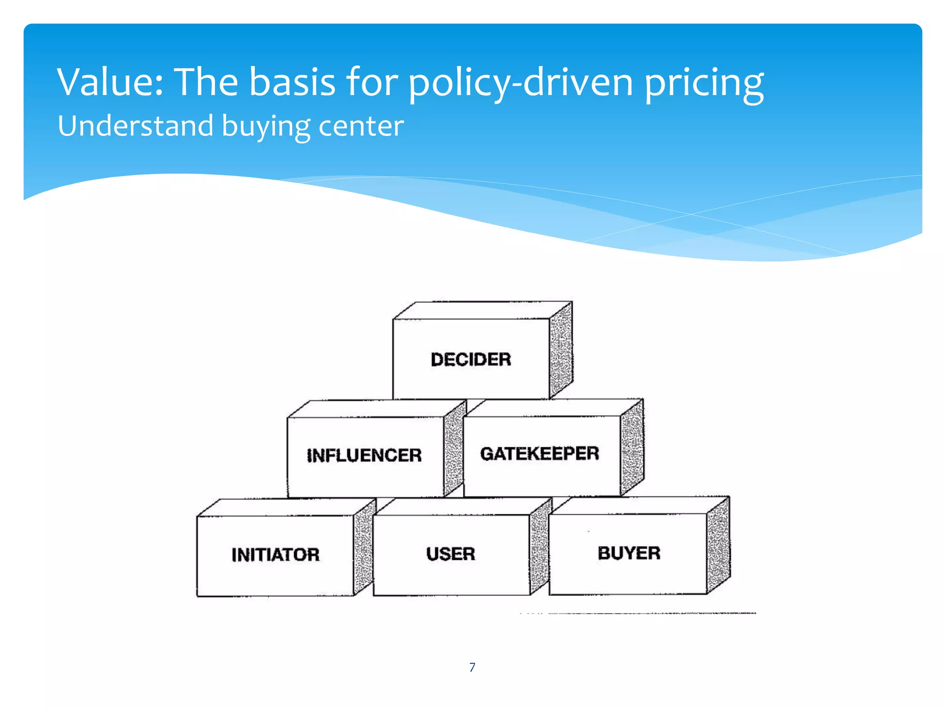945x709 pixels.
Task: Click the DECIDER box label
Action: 471,360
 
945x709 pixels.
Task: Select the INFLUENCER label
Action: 364,455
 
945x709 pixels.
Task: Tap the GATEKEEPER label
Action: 539,454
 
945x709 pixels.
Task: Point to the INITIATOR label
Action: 275,554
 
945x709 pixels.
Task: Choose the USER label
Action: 450,554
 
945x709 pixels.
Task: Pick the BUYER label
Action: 629,553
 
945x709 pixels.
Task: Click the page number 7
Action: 472,667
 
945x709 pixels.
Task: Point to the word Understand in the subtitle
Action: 136,126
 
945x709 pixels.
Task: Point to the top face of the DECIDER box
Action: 482,310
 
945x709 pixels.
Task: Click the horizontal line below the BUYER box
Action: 646,613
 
